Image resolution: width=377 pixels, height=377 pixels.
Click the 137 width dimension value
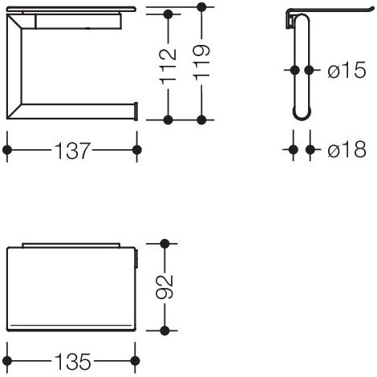72,151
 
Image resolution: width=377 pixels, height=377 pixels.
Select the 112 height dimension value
168,66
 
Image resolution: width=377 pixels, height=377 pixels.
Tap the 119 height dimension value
201,63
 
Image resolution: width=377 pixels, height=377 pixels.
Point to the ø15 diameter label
347,70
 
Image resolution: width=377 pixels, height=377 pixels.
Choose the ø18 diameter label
347,149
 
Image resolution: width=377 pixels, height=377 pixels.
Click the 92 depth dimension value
164,287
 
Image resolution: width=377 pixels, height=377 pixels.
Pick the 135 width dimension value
73,362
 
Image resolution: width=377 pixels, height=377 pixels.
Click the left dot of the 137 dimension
7,150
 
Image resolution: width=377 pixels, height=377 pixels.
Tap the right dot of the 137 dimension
137,150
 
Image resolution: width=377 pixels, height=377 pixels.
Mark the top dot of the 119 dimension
201,6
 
